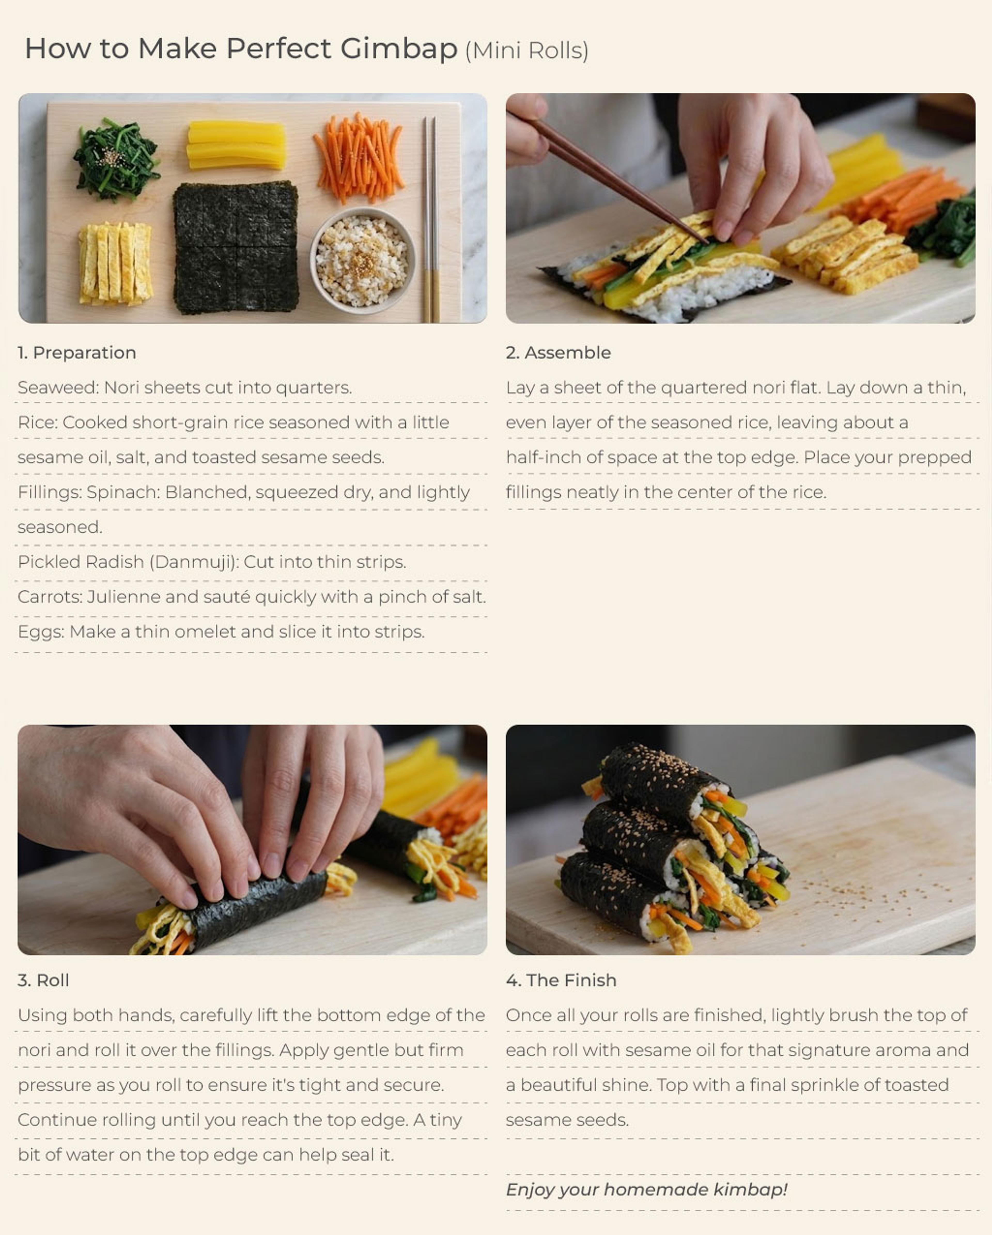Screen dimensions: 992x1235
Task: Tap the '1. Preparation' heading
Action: [x=77, y=353]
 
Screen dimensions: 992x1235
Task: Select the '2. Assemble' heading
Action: [x=559, y=353]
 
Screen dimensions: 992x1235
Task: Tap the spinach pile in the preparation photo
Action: [x=117, y=160]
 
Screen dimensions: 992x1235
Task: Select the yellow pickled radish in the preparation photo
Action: [x=237, y=145]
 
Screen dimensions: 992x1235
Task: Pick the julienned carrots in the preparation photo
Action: [x=359, y=158]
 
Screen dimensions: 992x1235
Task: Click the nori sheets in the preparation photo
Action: [x=236, y=247]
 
